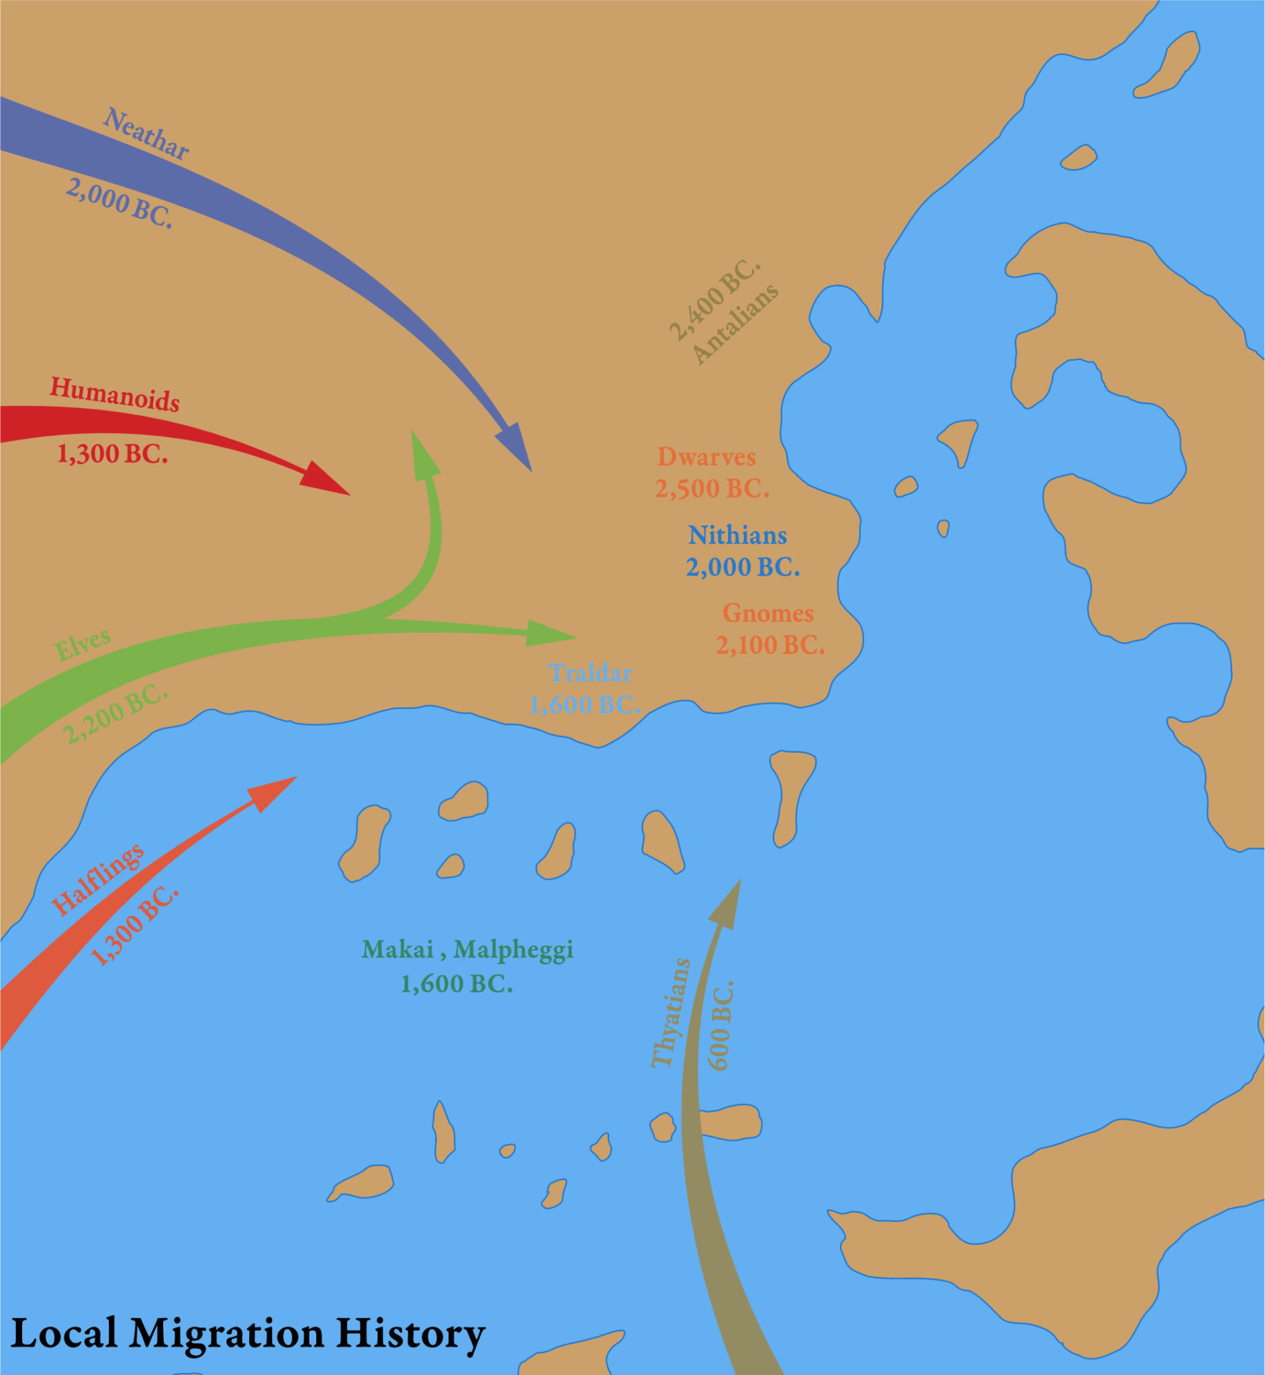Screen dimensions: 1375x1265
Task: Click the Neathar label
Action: pyautogui.click(x=146, y=134)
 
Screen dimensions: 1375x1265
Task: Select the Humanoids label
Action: pyautogui.click(x=114, y=395)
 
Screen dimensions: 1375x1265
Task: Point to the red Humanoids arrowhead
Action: pyautogui.click(x=324, y=479)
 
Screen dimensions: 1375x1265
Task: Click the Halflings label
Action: pyautogui.click(x=98, y=879)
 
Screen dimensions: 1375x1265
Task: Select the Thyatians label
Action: pyautogui.click(x=669, y=1013)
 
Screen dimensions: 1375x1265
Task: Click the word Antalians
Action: pyautogui.click(x=735, y=323)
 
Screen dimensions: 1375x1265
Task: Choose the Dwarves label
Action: pyautogui.click(x=706, y=457)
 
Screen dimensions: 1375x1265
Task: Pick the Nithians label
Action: pyautogui.click(x=737, y=535)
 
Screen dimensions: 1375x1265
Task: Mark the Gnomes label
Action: pyautogui.click(x=768, y=613)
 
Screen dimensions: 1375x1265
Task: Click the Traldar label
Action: pyautogui.click(x=590, y=673)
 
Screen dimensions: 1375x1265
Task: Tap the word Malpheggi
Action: pyautogui.click(x=513, y=949)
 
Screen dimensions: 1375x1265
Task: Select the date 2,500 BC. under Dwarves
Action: pyautogui.click(x=712, y=489)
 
